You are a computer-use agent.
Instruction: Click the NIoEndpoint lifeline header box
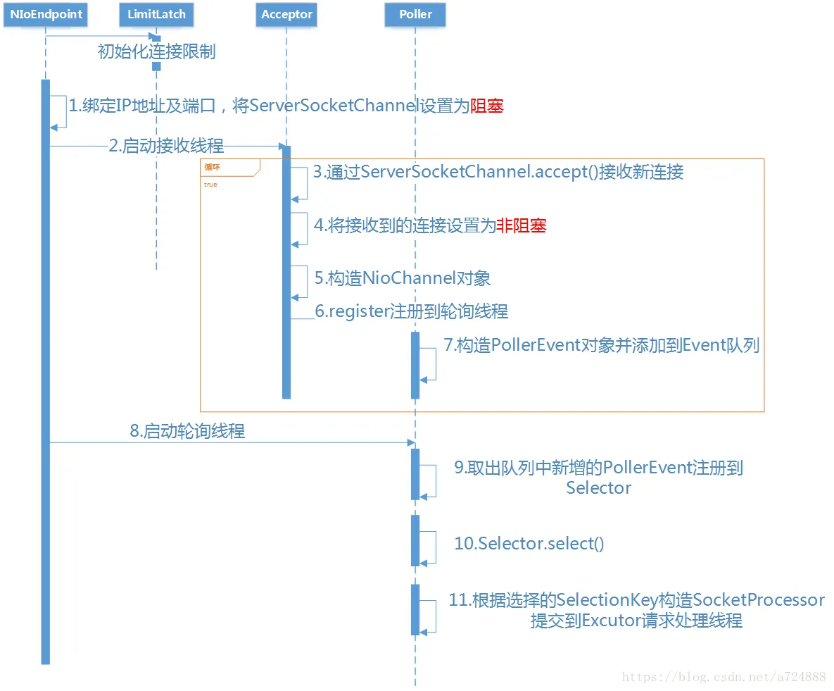[46, 14]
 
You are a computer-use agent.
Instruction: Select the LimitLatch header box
[156, 14]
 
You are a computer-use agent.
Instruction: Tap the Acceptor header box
[286, 14]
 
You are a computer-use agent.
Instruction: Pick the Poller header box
[415, 14]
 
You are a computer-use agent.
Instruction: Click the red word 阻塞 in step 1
[487, 106]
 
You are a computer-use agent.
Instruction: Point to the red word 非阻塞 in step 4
[522, 225]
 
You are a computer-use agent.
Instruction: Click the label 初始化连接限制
[157, 51]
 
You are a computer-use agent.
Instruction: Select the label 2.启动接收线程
[167, 145]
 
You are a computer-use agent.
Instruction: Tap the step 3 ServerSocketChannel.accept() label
[498, 172]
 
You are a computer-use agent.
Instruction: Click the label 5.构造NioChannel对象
[403, 278]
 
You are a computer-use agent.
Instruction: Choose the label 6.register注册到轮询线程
[412, 311]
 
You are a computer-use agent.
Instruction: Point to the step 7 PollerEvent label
[602, 345]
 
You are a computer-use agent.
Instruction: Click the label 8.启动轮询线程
[188, 430]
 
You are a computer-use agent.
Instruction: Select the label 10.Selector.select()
[529, 544]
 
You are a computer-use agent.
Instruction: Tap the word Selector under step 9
[598, 487]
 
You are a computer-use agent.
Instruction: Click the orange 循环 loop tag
[213, 167]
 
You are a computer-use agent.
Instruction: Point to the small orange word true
[210, 185]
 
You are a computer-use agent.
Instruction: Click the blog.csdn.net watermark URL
[724, 677]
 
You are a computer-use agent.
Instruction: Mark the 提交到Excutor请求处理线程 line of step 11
[636, 620]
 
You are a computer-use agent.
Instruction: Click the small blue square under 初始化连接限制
[156, 66]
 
